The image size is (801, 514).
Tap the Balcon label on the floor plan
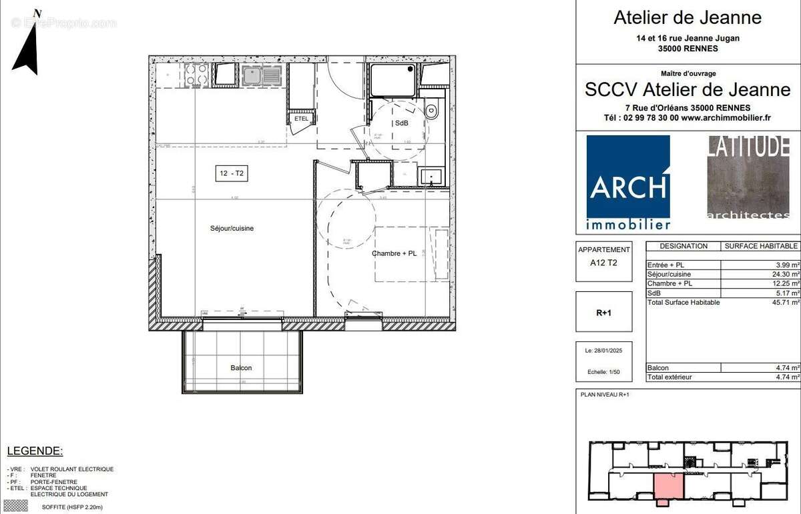(x=241, y=367)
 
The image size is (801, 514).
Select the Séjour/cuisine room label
(x=232, y=229)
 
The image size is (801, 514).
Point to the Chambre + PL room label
(x=394, y=253)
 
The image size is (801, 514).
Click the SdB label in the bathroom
(x=402, y=123)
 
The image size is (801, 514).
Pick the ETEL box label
(x=301, y=119)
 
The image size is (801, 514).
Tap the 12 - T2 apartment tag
(x=232, y=174)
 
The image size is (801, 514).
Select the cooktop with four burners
(x=198, y=75)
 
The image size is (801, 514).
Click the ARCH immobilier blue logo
(x=628, y=182)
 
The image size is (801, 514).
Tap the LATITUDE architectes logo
(x=748, y=177)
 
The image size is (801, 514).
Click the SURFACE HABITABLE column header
(x=761, y=246)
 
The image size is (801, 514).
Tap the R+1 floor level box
(x=604, y=311)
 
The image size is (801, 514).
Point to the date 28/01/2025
(x=604, y=351)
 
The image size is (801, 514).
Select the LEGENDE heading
(x=35, y=451)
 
